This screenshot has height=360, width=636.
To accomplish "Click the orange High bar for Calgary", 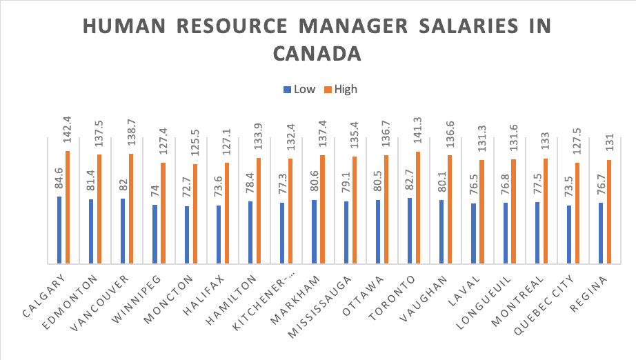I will [x=68, y=207].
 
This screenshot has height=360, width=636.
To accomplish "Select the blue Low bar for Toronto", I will [x=410, y=230].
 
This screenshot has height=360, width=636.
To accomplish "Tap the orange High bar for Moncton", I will [x=195, y=214].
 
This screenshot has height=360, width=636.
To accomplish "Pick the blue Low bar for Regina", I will [x=601, y=233].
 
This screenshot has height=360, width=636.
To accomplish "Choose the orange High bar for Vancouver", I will [x=131, y=208].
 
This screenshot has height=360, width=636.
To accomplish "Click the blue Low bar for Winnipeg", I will [x=155, y=234].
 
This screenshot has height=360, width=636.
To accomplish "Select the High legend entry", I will [x=340, y=89].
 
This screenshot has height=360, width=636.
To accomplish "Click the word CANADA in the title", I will [x=317, y=53].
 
